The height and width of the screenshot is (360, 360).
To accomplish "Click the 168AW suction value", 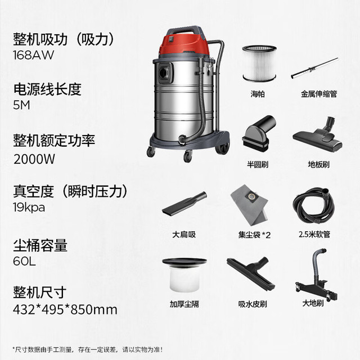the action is (x=34, y=55).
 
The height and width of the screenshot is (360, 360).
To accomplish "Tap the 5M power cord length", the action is (x=21, y=105).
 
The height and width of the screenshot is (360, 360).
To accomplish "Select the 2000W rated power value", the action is (x=34, y=159).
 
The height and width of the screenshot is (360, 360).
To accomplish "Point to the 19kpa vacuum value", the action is (x=29, y=208).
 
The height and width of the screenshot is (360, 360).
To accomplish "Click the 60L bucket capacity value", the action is (x=24, y=261).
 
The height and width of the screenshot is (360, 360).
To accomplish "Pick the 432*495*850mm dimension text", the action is (x=65, y=309).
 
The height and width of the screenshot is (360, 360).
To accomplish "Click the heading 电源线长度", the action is (x=47, y=89).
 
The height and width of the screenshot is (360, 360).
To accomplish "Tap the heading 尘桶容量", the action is (x=40, y=245).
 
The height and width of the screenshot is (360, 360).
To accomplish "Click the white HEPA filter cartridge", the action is (x=259, y=64).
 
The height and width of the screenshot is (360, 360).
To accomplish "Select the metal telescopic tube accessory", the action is (x=314, y=68).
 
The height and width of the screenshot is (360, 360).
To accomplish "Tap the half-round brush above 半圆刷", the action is (x=259, y=134).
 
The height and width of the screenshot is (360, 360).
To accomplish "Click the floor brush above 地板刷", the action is (x=318, y=135).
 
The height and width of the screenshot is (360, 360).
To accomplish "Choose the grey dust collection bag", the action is (x=250, y=202).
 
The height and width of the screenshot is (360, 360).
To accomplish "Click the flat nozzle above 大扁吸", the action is (x=184, y=204).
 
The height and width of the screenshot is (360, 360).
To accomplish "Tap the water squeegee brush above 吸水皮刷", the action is (x=251, y=274).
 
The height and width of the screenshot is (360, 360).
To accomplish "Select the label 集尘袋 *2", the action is (x=254, y=235).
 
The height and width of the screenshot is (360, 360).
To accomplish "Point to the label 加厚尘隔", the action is (x=184, y=304).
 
